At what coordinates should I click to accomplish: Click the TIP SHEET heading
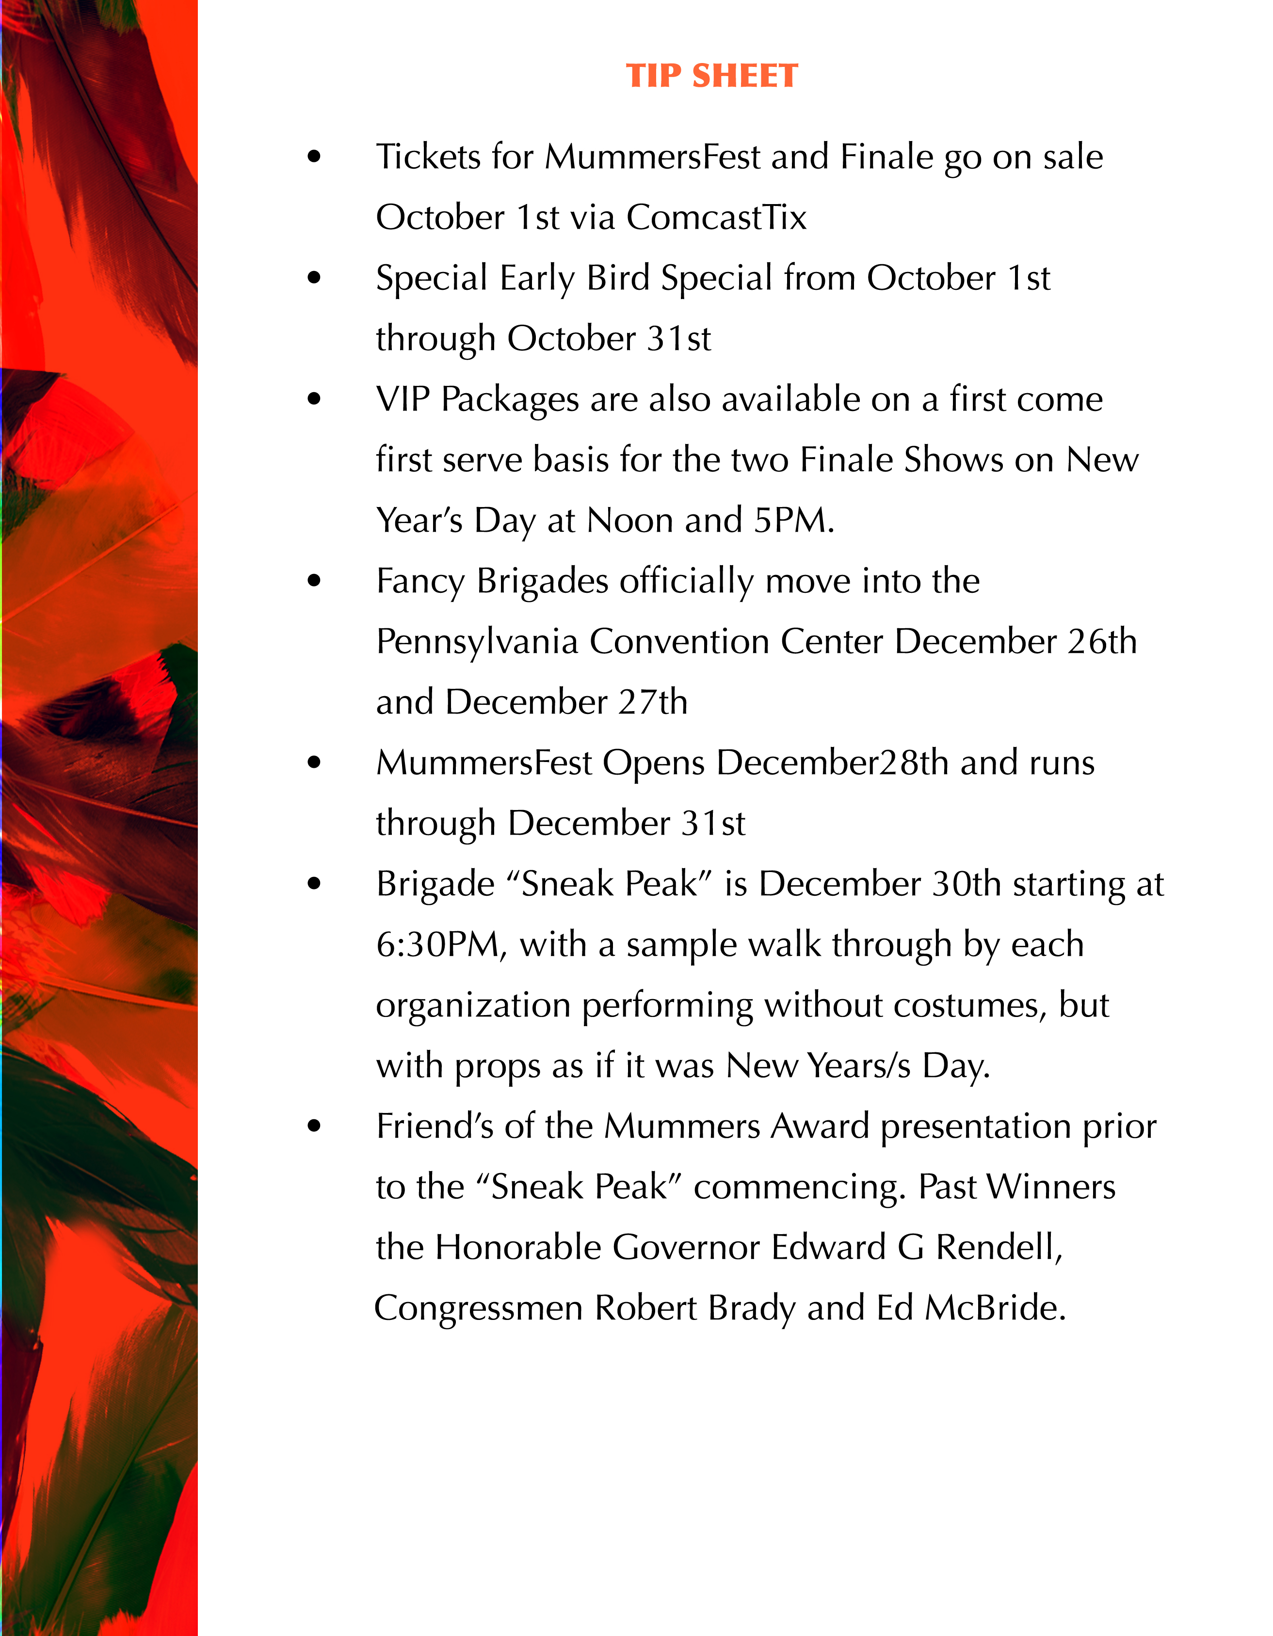[712, 76]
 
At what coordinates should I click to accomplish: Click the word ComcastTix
[716, 217]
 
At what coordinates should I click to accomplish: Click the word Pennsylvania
[477, 642]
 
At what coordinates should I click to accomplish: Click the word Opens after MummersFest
[653, 763]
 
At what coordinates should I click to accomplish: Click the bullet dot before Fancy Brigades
[314, 581]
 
